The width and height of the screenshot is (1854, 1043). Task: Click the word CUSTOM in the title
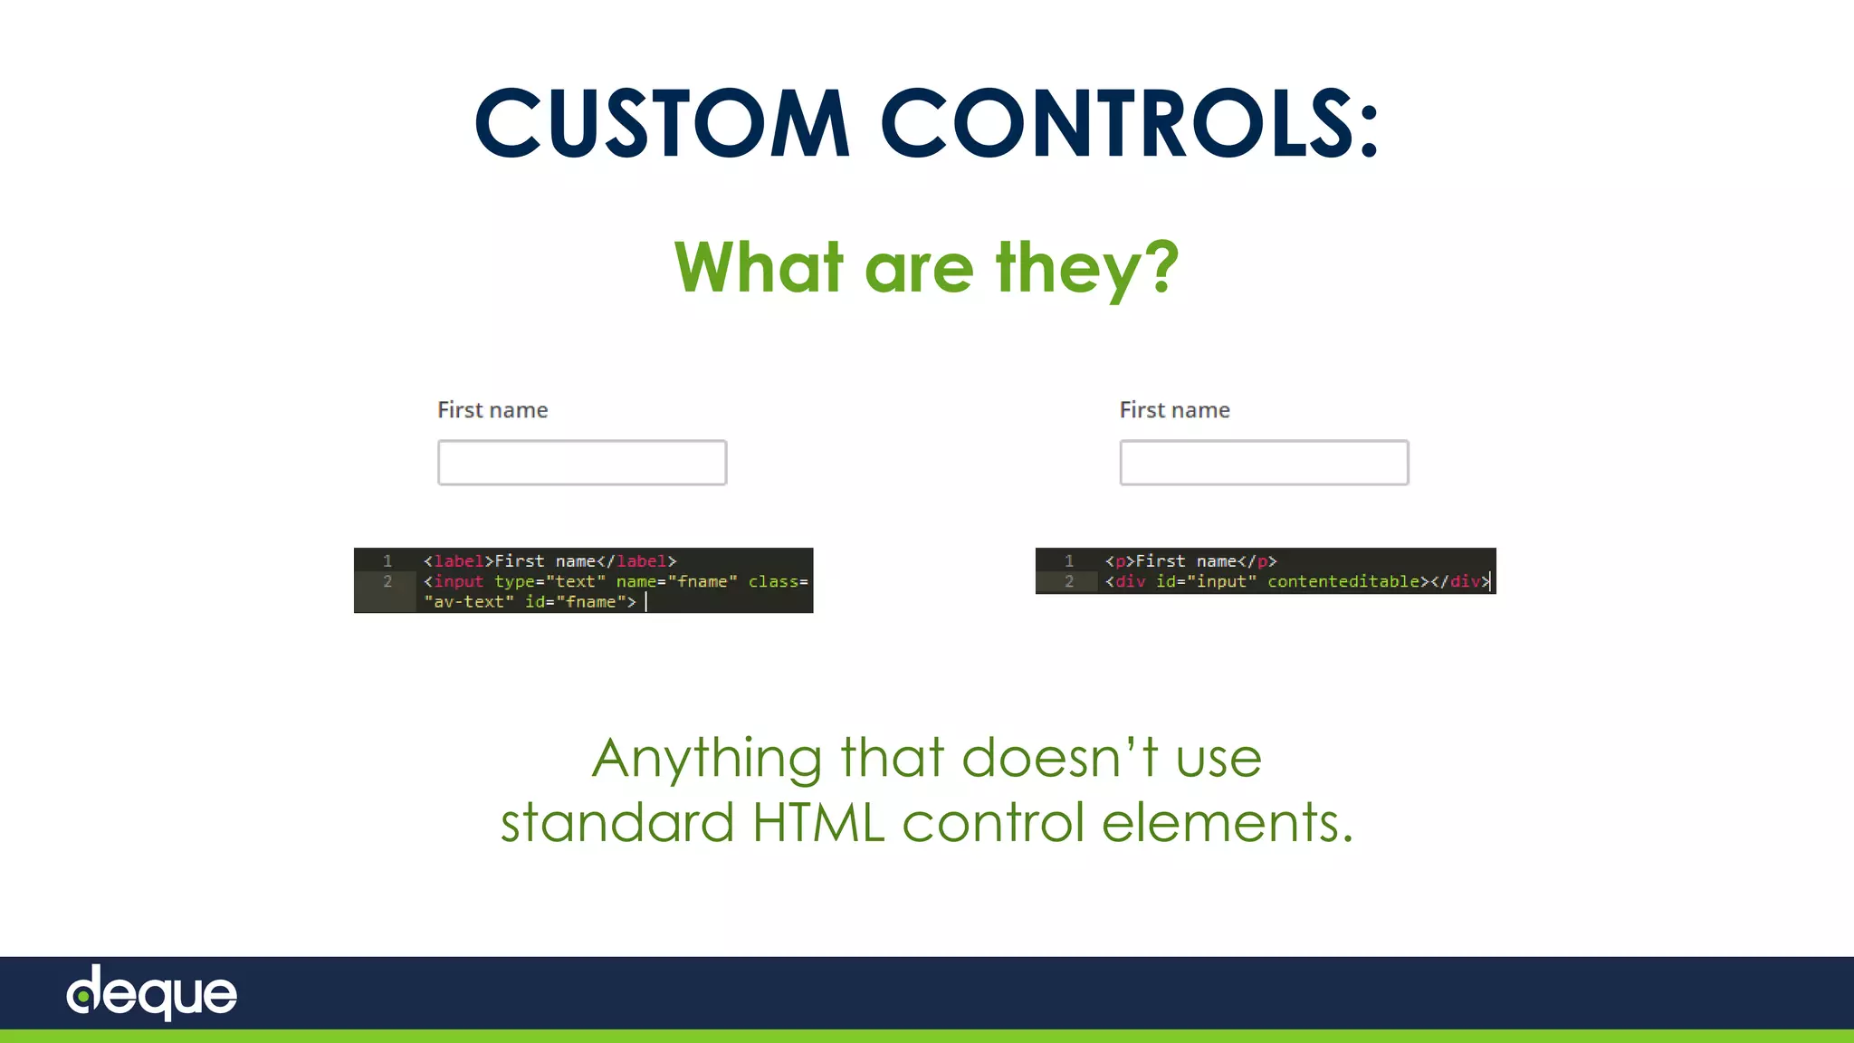pos(661,123)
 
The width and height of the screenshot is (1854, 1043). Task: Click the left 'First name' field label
pos(492,410)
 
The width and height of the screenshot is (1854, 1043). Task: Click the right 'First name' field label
pos(1174,410)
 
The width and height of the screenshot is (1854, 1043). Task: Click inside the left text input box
pos(582,463)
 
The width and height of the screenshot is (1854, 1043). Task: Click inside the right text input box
pos(1264,463)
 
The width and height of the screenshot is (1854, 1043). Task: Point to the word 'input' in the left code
pos(459,581)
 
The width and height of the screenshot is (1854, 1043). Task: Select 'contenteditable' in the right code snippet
pos(1343,581)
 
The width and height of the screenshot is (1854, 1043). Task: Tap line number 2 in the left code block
pos(387,581)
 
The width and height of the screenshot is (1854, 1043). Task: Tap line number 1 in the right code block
pos(1069,561)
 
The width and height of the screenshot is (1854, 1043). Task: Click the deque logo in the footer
pos(152,992)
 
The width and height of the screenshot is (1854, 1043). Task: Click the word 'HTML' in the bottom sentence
pos(817,822)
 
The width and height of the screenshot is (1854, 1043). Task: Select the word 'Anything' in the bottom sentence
pos(706,759)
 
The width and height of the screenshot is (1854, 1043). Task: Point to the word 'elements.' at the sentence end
pos(1227,822)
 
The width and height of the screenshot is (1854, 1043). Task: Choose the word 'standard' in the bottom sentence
pos(616,822)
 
